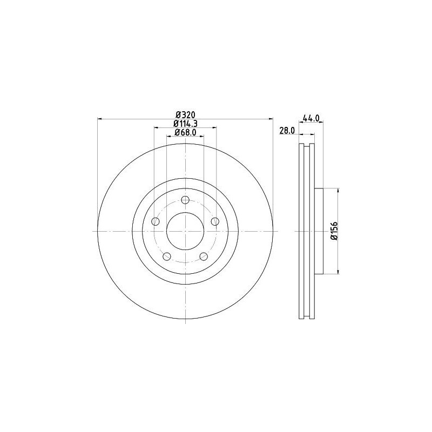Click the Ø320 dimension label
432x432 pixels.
coord(185,114)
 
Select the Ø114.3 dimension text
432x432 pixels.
coord(185,124)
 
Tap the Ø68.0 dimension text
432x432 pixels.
coord(185,133)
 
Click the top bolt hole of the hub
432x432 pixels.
coord(185,200)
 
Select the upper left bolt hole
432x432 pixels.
coord(156,221)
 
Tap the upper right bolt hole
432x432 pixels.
coord(215,221)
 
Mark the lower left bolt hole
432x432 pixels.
coord(167,256)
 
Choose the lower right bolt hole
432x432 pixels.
coord(204,256)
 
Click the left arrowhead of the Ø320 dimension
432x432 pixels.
coord(99,119)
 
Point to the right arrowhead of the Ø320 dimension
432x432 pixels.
coord(271,119)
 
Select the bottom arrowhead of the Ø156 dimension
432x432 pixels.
coord(339,271)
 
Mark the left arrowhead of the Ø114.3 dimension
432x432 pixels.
coord(156,128)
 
